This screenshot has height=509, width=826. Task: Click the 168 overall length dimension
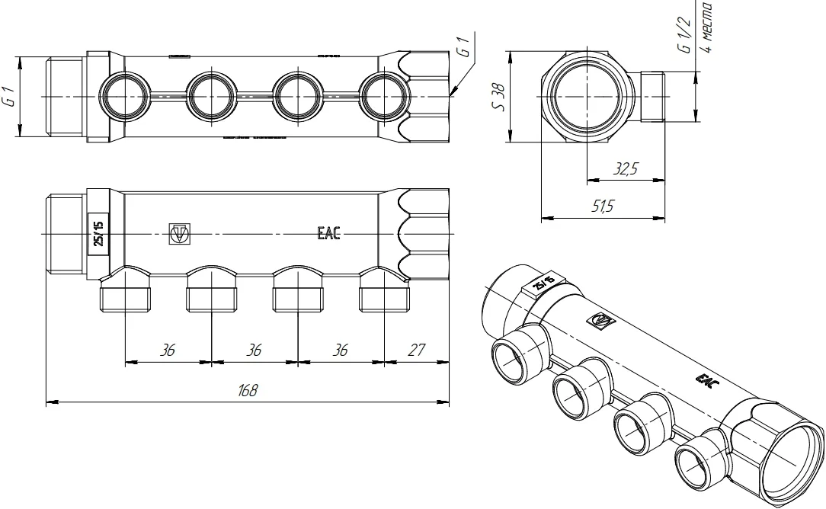248,390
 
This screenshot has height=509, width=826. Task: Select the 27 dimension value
416,350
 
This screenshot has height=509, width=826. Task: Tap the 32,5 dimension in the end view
626,168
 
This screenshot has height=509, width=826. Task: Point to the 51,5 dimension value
602,206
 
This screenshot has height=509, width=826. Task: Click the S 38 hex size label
498,97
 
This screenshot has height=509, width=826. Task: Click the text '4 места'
707,27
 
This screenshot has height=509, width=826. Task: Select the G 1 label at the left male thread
10,97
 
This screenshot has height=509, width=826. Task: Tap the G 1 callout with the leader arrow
463,46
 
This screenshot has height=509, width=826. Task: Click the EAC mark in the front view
328,233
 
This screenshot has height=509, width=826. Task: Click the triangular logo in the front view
180,233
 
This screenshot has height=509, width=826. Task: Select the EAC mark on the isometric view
704,380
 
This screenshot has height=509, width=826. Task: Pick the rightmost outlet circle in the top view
384,97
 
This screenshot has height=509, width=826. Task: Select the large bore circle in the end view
587,97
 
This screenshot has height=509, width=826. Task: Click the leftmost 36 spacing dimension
167,350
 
